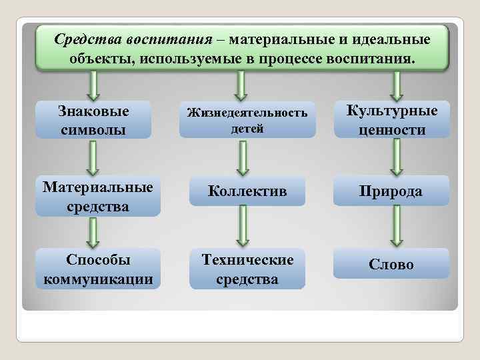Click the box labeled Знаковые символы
tap(94, 119)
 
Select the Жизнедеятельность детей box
tap(247, 120)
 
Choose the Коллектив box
tap(247, 191)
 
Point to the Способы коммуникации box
tap(97, 269)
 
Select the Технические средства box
tap(247, 269)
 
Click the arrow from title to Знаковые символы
tap(94, 85)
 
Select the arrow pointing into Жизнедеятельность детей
tap(242, 85)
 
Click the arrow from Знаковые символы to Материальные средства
tap(94, 157)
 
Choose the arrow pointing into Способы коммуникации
tap(94, 231)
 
